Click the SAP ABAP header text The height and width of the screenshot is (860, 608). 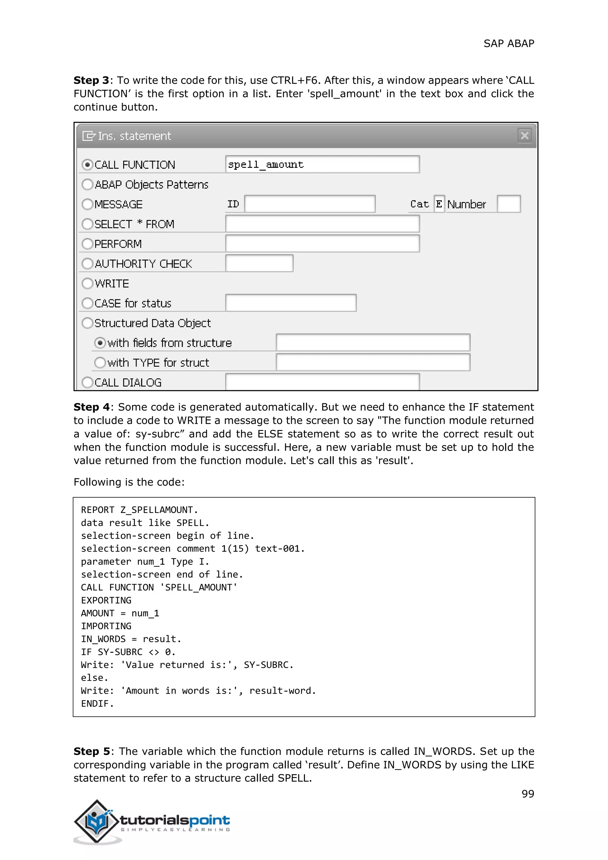[509, 43]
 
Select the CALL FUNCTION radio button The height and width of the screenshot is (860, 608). [87, 165]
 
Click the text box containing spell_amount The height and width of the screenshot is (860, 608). [322, 165]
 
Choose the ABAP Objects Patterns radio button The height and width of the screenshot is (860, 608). [87, 184]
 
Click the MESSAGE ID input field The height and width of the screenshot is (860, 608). [310, 204]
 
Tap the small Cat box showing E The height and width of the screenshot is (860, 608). [439, 204]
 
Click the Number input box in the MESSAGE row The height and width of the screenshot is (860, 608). [509, 204]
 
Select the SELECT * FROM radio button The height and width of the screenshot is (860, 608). [87, 224]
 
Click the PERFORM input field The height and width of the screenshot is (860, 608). [322, 244]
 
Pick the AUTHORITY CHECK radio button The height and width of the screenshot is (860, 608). [87, 264]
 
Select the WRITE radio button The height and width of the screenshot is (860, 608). [87, 284]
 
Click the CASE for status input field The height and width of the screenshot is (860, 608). [291, 303]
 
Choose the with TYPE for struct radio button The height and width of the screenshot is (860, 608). [100, 363]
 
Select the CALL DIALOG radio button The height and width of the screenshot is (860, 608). [87, 382]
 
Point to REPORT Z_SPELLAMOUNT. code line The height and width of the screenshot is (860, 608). [139, 510]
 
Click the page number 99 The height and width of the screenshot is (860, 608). [528, 794]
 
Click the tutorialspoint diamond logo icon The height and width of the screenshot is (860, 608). [97, 821]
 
